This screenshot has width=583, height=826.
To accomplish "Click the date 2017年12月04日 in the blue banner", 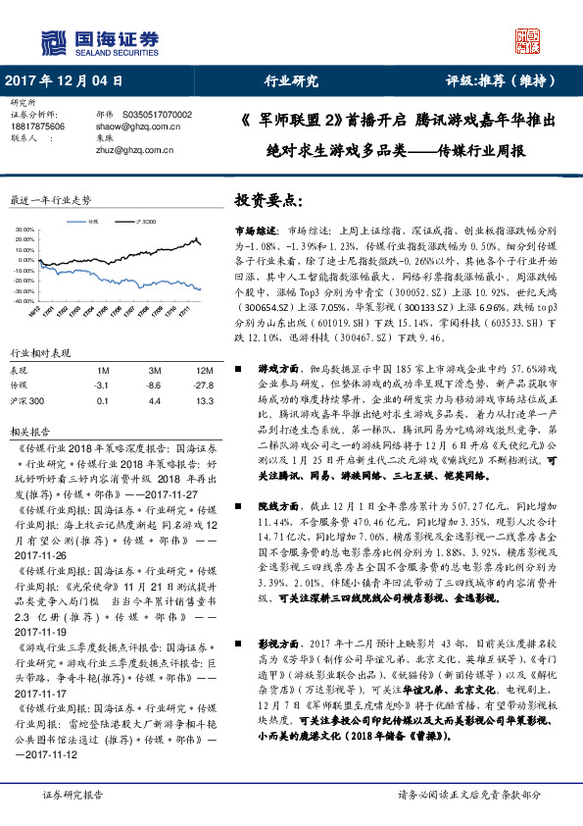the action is (x=65, y=81).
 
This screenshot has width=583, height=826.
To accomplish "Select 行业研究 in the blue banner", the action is (x=291, y=81).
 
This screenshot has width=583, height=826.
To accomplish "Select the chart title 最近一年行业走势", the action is (x=50, y=199).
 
